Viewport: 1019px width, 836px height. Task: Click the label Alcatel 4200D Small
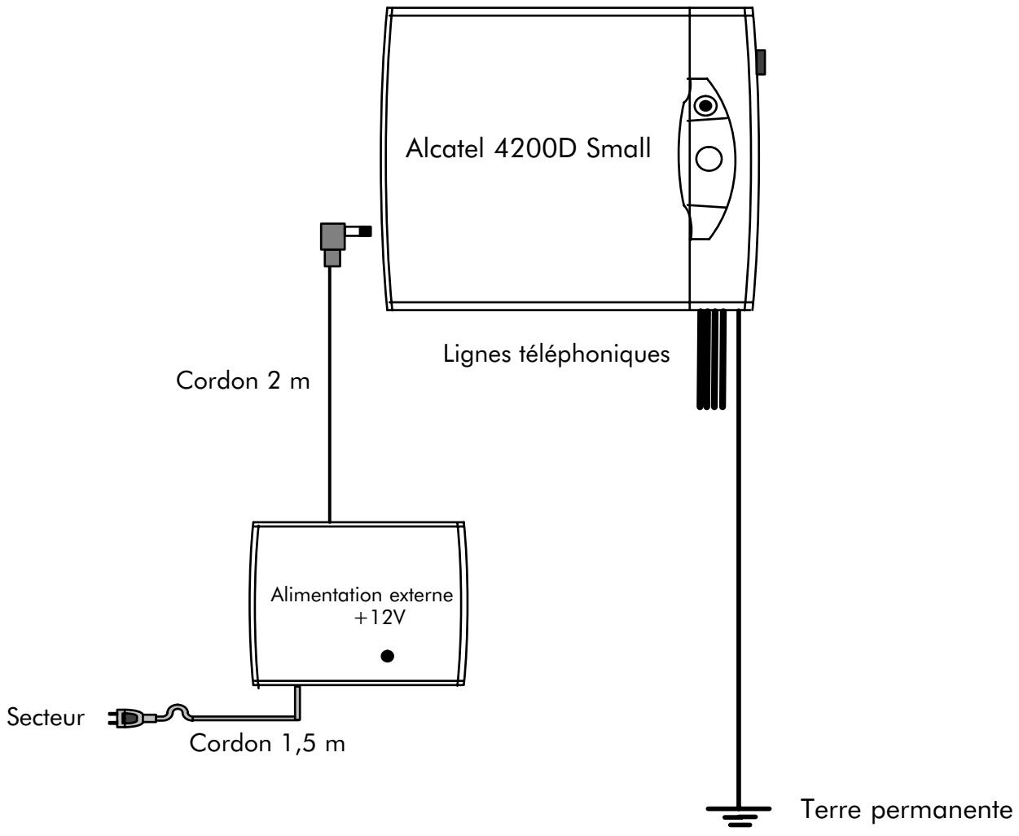528,151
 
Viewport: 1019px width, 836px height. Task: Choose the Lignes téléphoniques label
556,354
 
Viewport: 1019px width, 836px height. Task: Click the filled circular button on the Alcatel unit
705,106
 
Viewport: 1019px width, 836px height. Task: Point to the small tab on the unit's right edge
761,62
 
